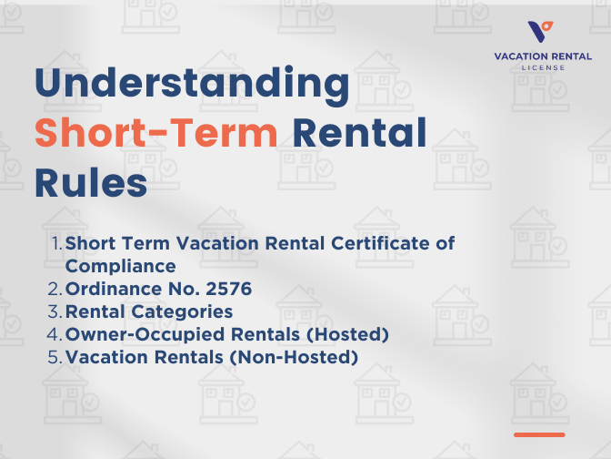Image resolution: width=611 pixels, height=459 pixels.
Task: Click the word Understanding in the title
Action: pos(192,85)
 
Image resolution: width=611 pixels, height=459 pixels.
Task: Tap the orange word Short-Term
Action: pos(155,135)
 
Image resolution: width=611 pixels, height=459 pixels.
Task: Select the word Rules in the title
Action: pos(91,185)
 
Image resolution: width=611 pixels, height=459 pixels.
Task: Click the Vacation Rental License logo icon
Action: pos(541,33)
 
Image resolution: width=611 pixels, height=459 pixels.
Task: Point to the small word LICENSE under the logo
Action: pos(543,67)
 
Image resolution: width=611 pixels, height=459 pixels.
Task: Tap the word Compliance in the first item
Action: pos(120,267)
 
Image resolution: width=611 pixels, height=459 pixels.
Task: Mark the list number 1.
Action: pos(55,244)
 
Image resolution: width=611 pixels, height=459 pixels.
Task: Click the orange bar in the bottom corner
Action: pos(539,434)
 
